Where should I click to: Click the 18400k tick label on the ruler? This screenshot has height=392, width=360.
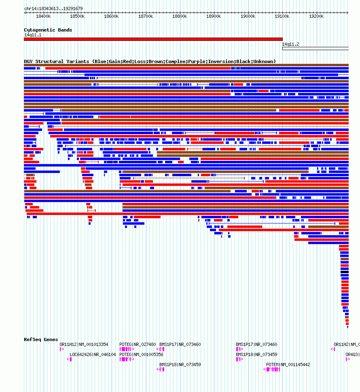[x=43, y=16]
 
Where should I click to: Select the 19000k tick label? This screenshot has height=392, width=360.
[x=248, y=16]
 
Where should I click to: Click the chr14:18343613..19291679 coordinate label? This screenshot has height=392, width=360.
[x=53, y=8]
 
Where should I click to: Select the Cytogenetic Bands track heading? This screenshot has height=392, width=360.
[x=48, y=30]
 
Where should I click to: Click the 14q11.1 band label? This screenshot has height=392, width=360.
[x=32, y=35]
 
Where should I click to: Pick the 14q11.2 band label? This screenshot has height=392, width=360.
[x=290, y=44]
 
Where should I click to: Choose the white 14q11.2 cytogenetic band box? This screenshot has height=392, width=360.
[x=315, y=48]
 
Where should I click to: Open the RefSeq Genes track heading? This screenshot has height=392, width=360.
[x=41, y=339]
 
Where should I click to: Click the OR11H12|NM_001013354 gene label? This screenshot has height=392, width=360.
[x=84, y=344]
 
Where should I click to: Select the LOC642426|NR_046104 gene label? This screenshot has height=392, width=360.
[x=93, y=354]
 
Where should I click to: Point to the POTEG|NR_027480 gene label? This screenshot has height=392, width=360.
[x=138, y=344]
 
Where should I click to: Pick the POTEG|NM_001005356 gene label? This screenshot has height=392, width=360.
[x=141, y=354]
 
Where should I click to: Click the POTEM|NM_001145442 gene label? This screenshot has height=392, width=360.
[x=288, y=365]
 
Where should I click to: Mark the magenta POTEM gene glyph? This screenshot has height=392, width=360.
[x=272, y=369]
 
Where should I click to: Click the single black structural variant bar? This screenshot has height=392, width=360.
[x=344, y=272]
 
